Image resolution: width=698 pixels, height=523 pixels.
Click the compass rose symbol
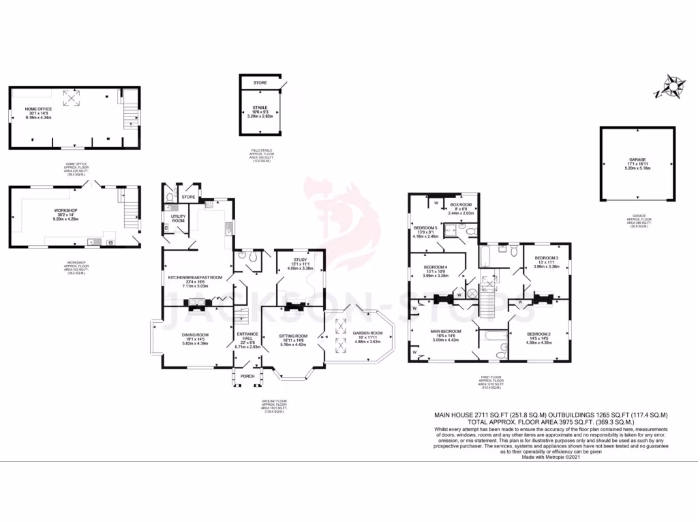[x=674, y=87]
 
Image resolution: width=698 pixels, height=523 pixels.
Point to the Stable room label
[x=259, y=108]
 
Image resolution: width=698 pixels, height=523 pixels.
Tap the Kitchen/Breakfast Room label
[x=196, y=278]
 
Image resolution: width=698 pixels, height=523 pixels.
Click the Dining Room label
[x=196, y=334]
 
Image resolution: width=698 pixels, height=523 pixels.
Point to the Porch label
[x=247, y=376]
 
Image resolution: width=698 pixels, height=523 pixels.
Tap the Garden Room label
[x=367, y=333]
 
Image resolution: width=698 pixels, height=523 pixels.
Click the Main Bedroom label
[x=446, y=331]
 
